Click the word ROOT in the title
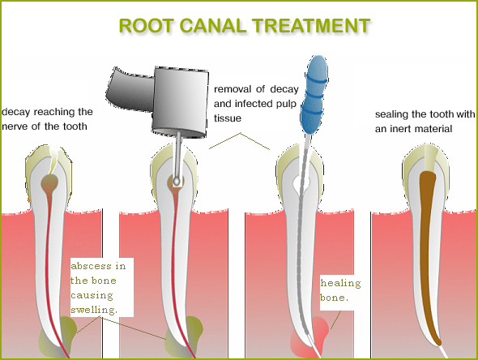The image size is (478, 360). [146, 26]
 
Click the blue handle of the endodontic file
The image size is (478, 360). [314, 95]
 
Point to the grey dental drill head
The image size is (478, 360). [180, 101]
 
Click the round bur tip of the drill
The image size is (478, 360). [177, 182]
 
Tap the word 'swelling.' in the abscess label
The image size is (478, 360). [94, 310]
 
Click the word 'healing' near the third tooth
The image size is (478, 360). [340, 284]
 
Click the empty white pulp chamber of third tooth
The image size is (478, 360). [301, 182]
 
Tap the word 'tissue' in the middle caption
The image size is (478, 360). [228, 118]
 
